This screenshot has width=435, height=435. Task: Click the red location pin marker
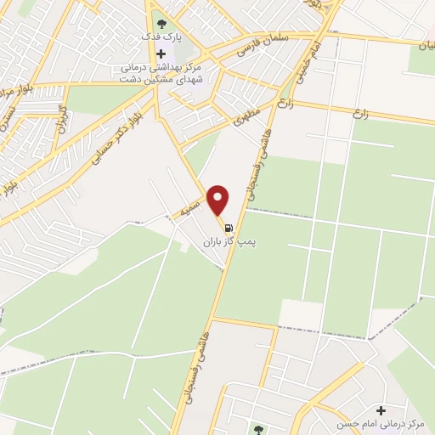click(219, 199)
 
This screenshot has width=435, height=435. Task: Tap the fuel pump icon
click(229, 227)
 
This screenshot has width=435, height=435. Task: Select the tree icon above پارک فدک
click(161, 21)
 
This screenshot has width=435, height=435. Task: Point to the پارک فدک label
click(161, 37)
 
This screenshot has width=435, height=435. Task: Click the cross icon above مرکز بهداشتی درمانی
click(161, 54)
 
